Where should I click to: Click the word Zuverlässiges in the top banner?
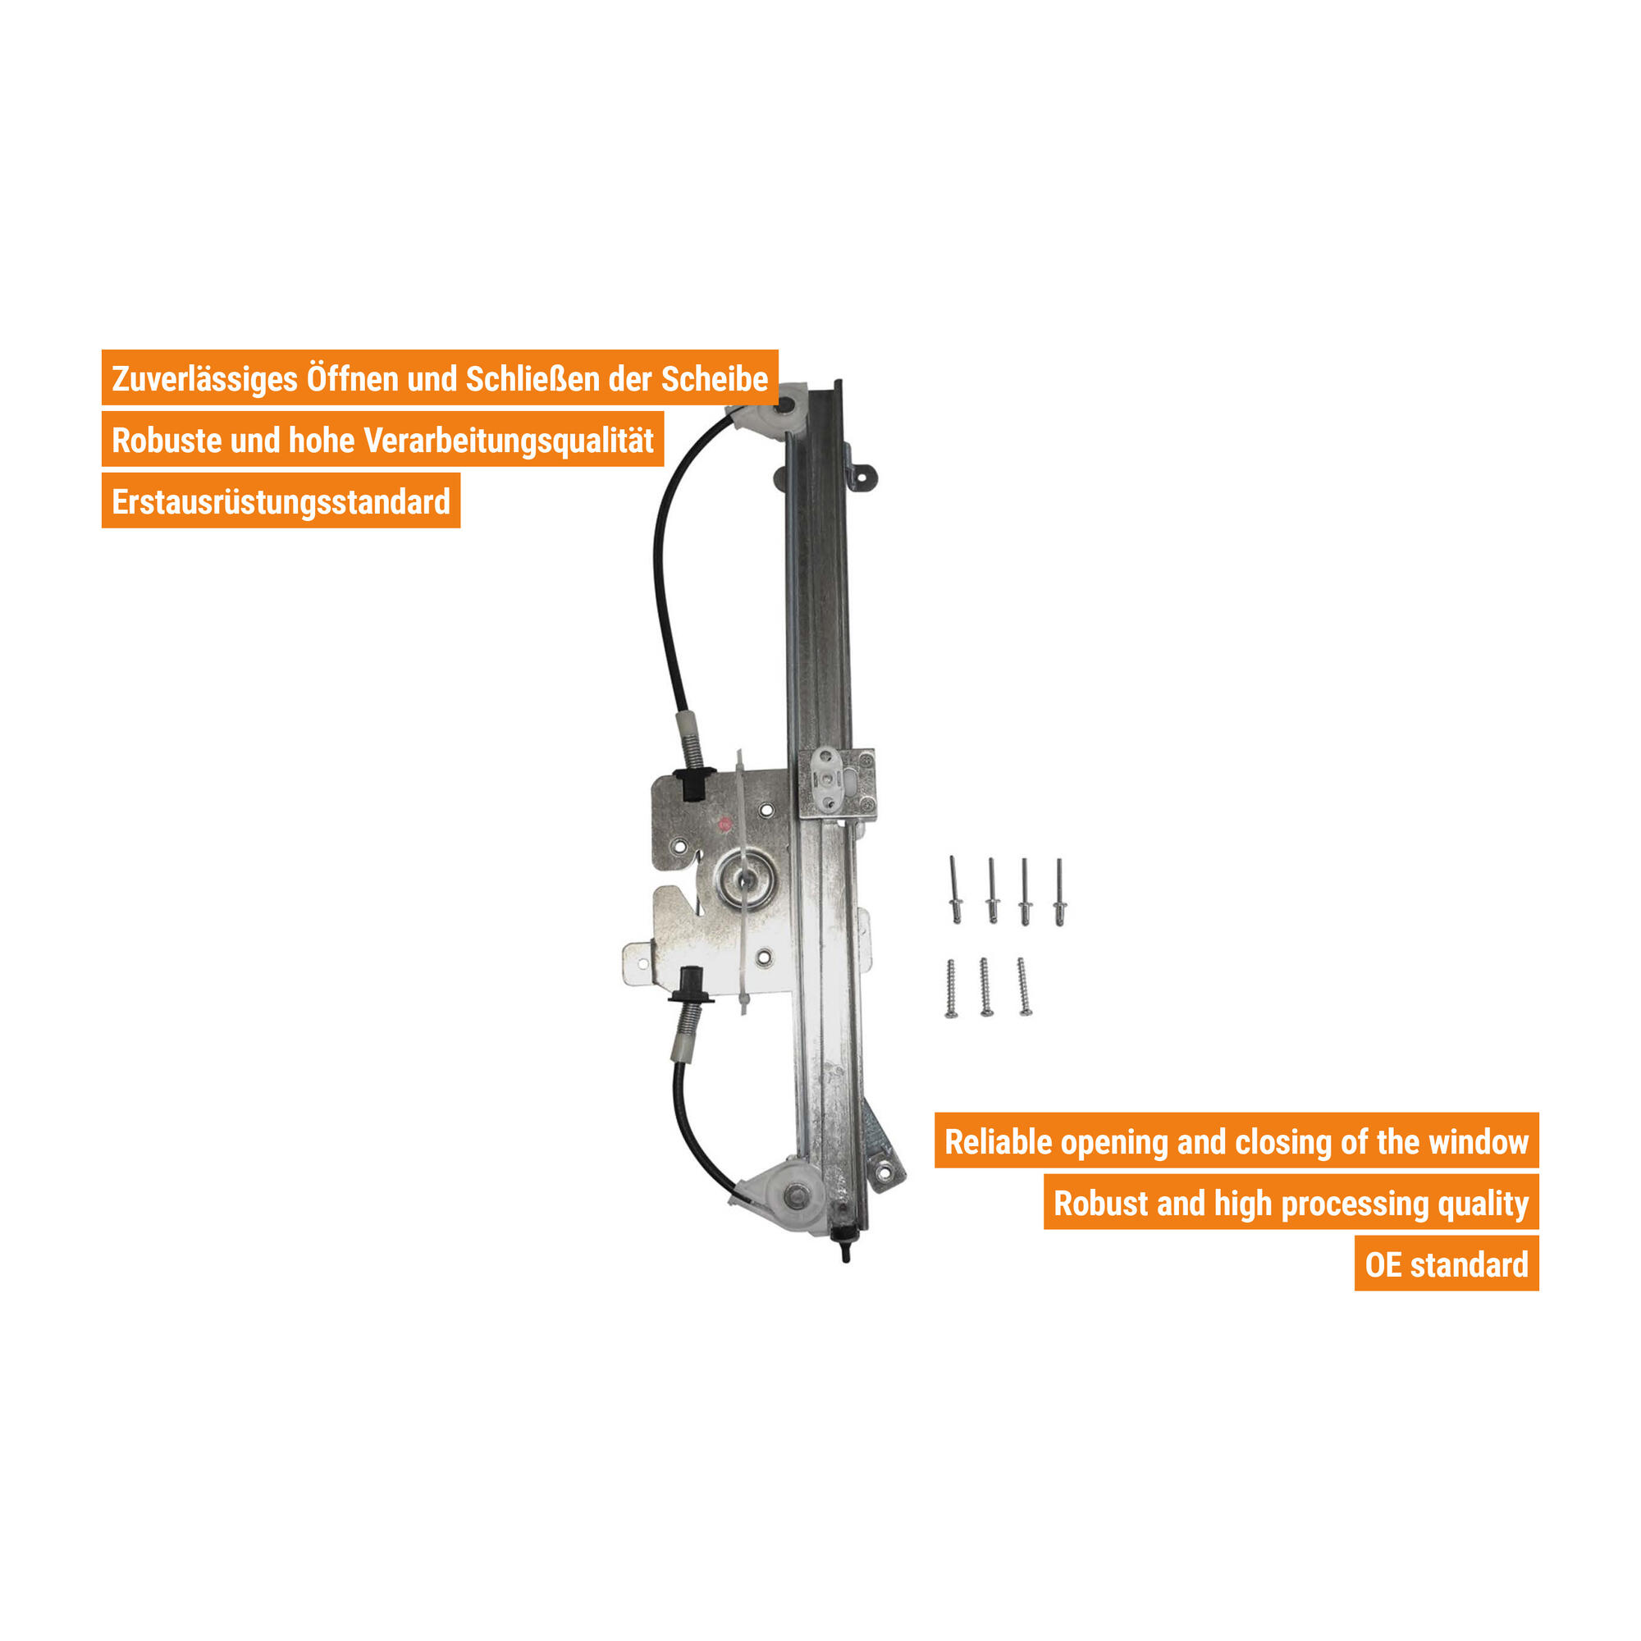[x=204, y=379]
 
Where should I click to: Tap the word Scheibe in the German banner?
[x=715, y=379]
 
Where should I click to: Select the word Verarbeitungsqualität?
[x=509, y=441]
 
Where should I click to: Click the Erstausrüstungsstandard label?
[x=281, y=502]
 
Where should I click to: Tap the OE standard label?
[x=1447, y=1264]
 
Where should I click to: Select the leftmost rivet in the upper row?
[x=955, y=889]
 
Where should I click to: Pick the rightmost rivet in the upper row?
[x=1059, y=892]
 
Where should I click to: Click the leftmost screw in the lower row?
[x=950, y=989]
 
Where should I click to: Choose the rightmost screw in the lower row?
[x=1024, y=987]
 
